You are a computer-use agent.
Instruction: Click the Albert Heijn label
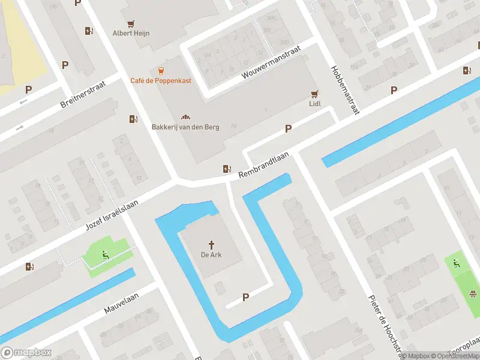[x=131, y=33]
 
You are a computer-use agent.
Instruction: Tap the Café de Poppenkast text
[x=161, y=80]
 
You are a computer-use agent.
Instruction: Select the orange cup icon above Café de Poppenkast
[x=161, y=70]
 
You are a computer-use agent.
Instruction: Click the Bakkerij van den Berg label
[x=185, y=127]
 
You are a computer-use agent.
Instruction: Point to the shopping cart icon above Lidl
[x=314, y=94]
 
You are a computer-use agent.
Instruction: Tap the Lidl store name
[x=314, y=104]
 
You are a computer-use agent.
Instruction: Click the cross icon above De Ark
[x=211, y=244]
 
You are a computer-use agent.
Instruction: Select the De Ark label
[x=211, y=255]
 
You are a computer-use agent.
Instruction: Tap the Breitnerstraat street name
[x=83, y=95]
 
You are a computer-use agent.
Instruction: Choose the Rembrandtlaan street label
[x=263, y=164]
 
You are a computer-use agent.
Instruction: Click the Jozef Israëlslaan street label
[x=112, y=214]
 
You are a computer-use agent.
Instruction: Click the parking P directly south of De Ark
[x=245, y=297]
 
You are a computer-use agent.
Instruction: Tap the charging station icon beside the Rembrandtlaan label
[x=227, y=169]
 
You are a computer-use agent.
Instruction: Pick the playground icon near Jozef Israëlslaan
[x=105, y=255]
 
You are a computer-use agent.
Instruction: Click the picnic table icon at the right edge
[x=473, y=293]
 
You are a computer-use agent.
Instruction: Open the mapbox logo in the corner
[x=26, y=352]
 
